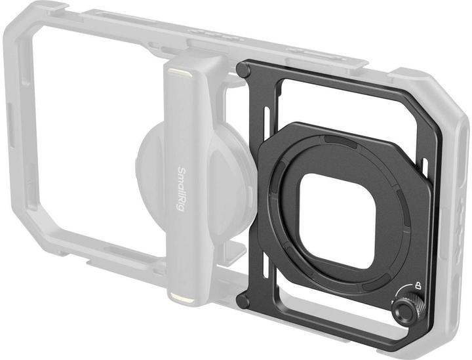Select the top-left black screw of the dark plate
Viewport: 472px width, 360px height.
[x=243, y=70]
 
